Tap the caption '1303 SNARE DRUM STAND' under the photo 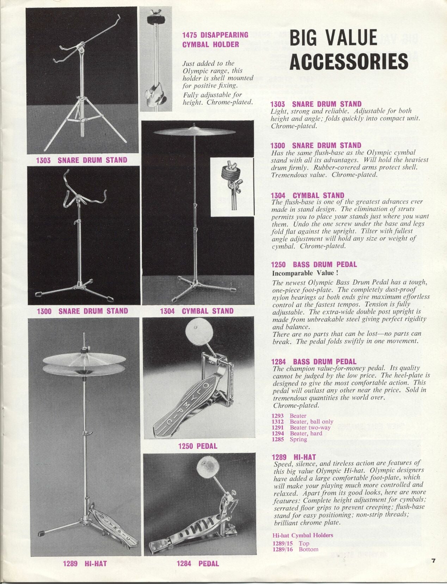81,160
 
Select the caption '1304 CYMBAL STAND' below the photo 196,311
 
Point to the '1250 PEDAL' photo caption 197,446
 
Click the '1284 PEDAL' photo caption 197,564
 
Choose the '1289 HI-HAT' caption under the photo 85,564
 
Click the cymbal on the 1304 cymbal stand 195,131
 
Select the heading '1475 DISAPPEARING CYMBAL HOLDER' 215,39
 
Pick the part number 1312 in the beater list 277,422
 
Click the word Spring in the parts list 298,439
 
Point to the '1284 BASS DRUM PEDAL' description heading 314,361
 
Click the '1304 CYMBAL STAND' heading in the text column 307,195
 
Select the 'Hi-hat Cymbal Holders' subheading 302,535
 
